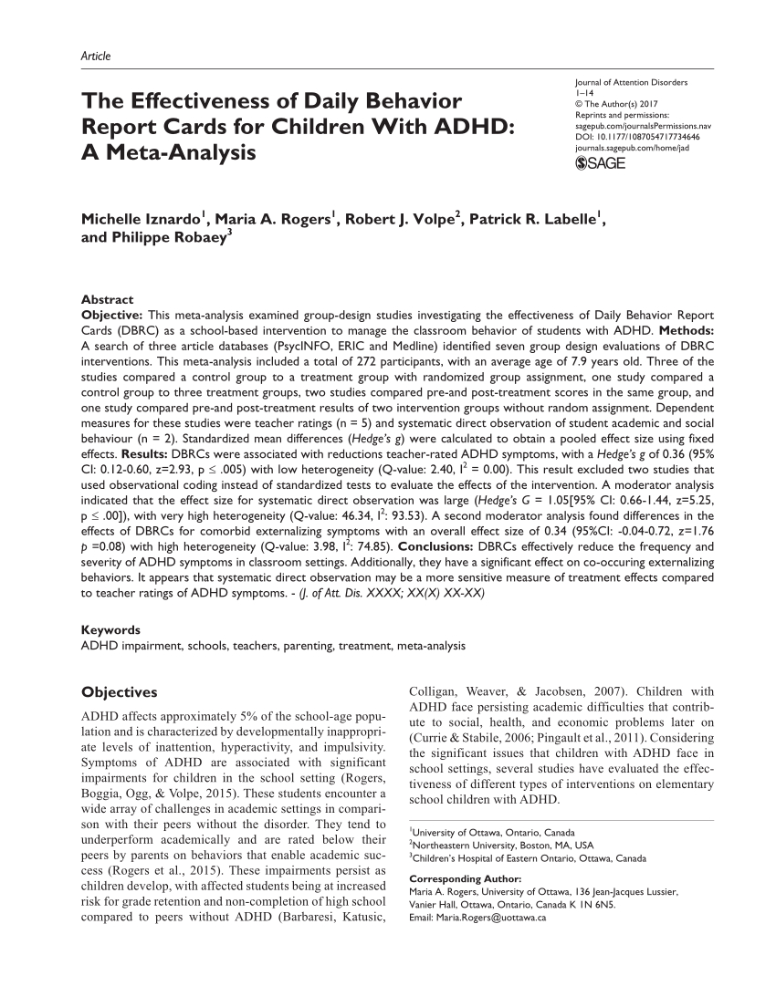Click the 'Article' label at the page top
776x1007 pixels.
[x=95, y=57]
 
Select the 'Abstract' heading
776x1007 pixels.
[x=108, y=299]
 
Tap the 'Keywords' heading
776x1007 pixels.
[x=110, y=630]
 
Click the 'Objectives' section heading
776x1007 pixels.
[x=120, y=692]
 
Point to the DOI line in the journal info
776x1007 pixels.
[x=629, y=135]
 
